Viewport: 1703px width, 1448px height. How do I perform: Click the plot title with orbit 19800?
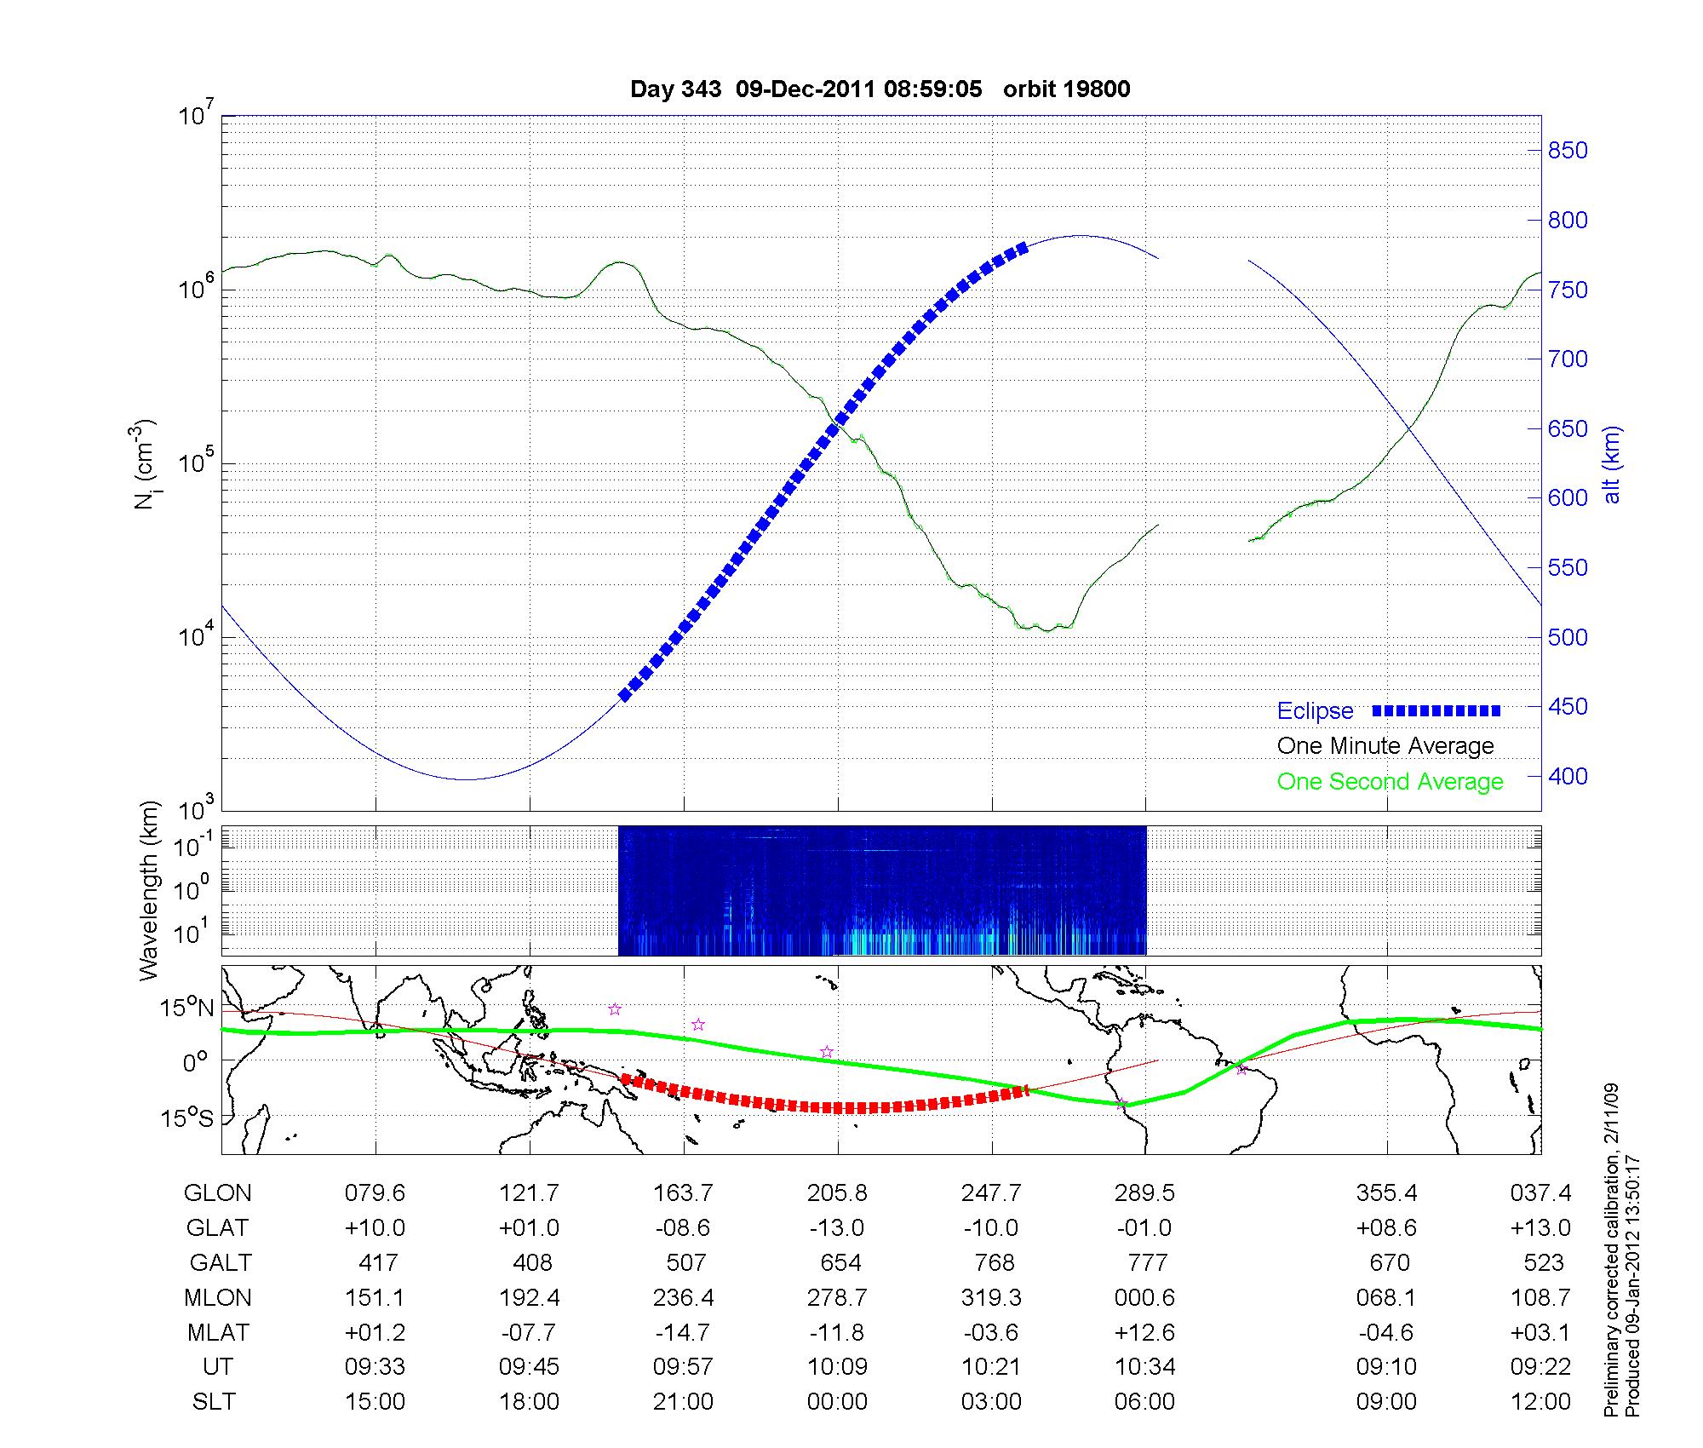pyautogui.click(x=880, y=89)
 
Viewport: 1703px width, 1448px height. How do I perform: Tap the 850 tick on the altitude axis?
pyautogui.click(x=1568, y=151)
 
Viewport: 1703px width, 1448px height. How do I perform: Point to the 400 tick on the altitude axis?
pyautogui.click(x=1568, y=776)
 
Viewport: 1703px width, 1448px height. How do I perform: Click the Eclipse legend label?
pyautogui.click(x=1315, y=711)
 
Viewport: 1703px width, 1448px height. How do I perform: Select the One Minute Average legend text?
pyautogui.click(x=1385, y=746)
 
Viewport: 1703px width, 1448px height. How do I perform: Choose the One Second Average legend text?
pyautogui.click(x=1390, y=782)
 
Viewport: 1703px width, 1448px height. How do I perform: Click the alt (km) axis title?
pyautogui.click(x=1612, y=464)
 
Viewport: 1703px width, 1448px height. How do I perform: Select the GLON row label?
pyautogui.click(x=217, y=1192)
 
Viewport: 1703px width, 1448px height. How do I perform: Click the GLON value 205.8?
pyautogui.click(x=837, y=1192)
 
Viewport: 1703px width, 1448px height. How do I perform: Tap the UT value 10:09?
pyautogui.click(x=837, y=1367)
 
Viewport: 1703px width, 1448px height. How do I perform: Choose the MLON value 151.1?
pyautogui.click(x=375, y=1297)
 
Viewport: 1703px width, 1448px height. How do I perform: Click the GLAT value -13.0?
pyautogui.click(x=837, y=1227)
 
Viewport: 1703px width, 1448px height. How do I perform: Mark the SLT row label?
pyautogui.click(x=214, y=1402)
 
